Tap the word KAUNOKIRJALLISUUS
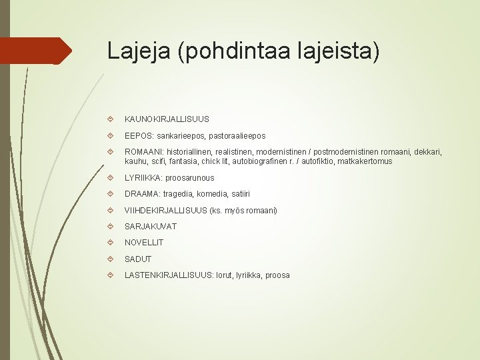[167, 119]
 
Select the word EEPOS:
[139, 136]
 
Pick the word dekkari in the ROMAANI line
[425, 153]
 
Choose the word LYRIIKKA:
[143, 178]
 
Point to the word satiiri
[238, 194]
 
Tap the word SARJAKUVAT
[151, 227]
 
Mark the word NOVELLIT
[144, 243]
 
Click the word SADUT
[138, 259]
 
